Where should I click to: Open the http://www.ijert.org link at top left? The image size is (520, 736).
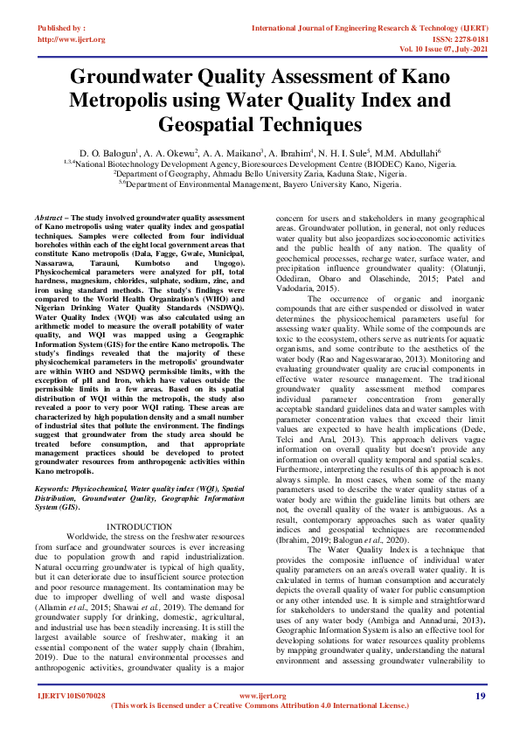coord(72,39)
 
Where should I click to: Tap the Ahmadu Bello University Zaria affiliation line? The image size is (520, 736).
coord(260,173)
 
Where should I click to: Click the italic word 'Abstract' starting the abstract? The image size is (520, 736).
coord(48,215)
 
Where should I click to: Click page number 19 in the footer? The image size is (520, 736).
coord(480,696)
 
